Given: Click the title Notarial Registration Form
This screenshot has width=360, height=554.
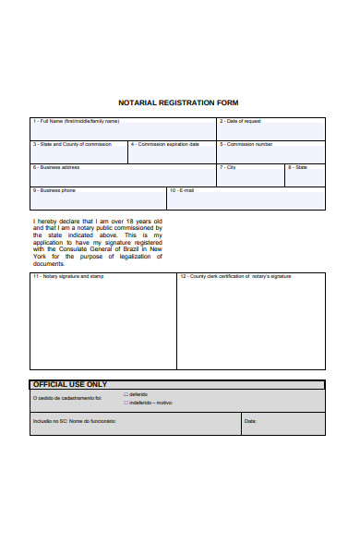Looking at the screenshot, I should click(178, 102).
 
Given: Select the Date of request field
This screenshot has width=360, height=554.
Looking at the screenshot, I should click(271, 130).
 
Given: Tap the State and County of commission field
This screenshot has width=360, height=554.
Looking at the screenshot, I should click(78, 154).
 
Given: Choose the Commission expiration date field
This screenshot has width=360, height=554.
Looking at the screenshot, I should click(172, 154).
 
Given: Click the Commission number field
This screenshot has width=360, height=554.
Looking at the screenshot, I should click(271, 154).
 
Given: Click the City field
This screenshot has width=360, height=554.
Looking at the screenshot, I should click(250, 176).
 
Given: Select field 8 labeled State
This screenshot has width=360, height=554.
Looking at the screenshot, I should click(305, 176).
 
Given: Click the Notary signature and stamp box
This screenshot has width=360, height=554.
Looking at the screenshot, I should click(102, 323).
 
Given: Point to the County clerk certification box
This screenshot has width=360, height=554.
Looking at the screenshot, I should click(250, 323).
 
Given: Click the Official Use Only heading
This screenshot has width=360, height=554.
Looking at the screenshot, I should click(70, 384).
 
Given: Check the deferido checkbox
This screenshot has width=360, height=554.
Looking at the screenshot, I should click(126, 394).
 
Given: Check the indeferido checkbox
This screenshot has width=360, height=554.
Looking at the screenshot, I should click(126, 403).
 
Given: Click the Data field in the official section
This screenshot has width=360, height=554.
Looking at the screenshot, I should click(282, 424).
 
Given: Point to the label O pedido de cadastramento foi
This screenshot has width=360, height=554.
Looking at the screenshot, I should click(67, 399).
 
